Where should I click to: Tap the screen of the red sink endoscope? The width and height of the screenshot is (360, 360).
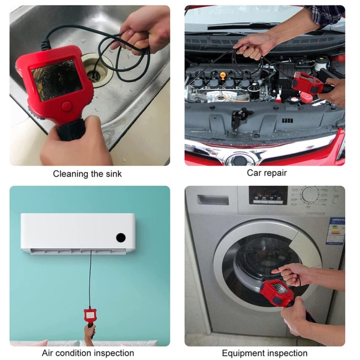56,80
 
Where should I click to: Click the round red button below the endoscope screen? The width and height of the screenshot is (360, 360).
67,107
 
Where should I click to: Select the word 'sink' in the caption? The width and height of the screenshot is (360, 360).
112,174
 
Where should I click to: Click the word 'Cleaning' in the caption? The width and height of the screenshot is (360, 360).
71,174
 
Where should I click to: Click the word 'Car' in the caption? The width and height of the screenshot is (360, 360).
254,173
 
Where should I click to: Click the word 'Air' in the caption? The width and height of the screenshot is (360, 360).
49,353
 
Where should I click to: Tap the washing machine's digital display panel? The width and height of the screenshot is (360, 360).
268,195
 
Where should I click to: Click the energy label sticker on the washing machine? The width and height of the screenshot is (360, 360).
335,231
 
